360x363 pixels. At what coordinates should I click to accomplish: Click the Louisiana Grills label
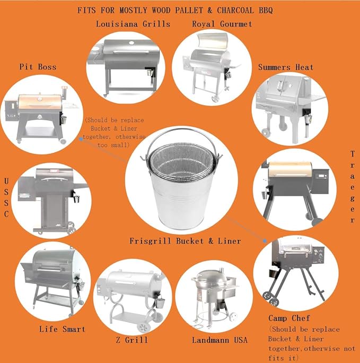coord(133,24)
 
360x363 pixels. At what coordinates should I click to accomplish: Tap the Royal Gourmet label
coord(222,24)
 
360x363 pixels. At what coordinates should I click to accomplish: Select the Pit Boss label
coord(38,67)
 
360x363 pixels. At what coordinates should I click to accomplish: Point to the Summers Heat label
coord(285,67)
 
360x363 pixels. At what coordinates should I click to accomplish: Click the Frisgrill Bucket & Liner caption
coord(185,241)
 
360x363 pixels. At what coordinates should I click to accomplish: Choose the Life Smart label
coord(62,329)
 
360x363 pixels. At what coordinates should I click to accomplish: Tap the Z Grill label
coord(132,340)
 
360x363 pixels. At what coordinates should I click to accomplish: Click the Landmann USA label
coord(219,340)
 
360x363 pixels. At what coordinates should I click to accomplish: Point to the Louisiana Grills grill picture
coord(126,66)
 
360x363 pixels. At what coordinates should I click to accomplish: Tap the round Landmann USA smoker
coord(212,289)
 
